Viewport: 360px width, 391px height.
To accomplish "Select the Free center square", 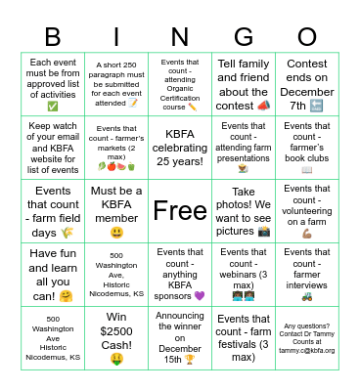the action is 180,209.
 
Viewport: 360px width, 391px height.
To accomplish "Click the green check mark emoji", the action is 53,107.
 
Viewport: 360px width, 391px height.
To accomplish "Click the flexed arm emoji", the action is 306,235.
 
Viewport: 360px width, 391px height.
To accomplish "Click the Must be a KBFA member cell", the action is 116,210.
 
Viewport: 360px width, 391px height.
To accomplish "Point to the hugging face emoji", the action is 67,296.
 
